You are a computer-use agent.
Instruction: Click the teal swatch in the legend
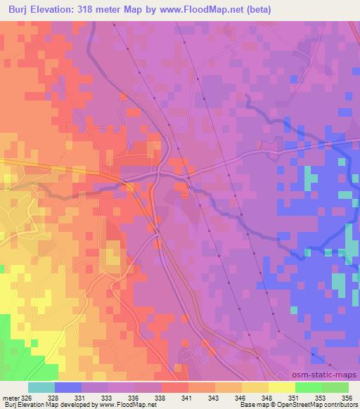[41, 388]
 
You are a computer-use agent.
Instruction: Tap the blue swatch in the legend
[67, 388]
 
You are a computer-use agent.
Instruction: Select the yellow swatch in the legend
[281, 388]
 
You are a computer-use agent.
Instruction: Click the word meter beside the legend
[10, 398]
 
